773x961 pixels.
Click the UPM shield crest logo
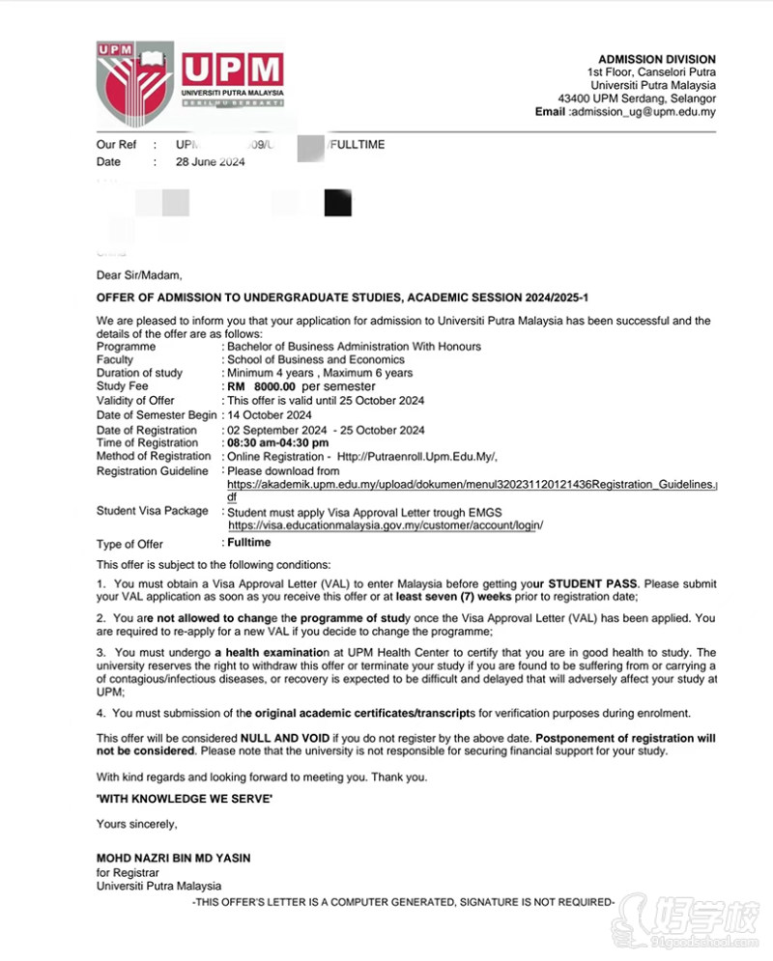[134, 88]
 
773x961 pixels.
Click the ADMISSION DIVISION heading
[657, 59]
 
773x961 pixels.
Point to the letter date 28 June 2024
[210, 162]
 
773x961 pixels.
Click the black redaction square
[338, 204]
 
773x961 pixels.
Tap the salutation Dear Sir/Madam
[139, 275]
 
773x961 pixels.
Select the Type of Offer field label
[129, 545]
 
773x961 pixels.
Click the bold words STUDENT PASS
[593, 584]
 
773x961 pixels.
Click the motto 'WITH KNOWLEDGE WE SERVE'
[185, 799]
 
